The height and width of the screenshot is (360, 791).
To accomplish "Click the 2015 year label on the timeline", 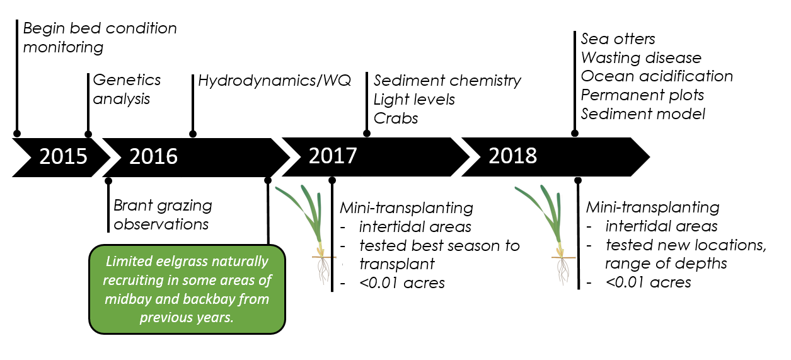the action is pyautogui.click(x=63, y=156).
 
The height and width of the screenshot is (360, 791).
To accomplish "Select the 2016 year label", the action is pyautogui.click(x=153, y=156).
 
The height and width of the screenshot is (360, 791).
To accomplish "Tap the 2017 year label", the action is pyautogui.click(x=333, y=156).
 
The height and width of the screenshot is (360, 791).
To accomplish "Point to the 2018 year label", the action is pyautogui.click(x=512, y=156).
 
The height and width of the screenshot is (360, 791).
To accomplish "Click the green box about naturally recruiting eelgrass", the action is pyautogui.click(x=187, y=289).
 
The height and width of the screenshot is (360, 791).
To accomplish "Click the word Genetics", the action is pyautogui.click(x=127, y=80).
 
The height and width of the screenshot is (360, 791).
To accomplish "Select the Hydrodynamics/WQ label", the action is pyautogui.click(x=274, y=81).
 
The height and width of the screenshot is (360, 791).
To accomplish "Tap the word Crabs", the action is pyautogui.click(x=396, y=119).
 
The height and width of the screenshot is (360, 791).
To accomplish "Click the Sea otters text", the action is pyautogui.click(x=618, y=39).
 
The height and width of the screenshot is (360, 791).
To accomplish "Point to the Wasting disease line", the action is pyautogui.click(x=641, y=57).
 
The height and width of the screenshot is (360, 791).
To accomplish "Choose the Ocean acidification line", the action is pyautogui.click(x=657, y=76).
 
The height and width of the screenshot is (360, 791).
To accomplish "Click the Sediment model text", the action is pyautogui.click(x=643, y=113).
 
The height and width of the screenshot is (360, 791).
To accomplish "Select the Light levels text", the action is pyautogui.click(x=414, y=100).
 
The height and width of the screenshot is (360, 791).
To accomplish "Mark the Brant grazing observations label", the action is pyautogui.click(x=163, y=215).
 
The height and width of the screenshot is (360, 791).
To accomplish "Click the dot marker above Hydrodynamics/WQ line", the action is pyautogui.click(x=193, y=134).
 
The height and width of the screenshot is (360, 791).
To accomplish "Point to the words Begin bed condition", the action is pyautogui.click(x=100, y=28).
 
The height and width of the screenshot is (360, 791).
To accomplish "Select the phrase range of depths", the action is pyautogui.click(x=666, y=264).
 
